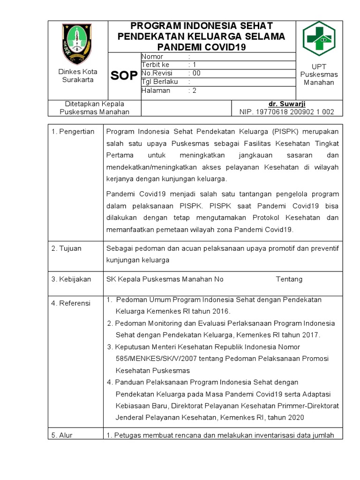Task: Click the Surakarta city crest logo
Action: (78, 44)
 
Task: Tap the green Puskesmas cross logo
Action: (319, 38)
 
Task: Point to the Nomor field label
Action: (153, 57)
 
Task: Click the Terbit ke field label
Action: (156, 65)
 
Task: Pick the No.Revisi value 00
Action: (196, 73)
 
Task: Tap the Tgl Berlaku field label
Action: (158, 82)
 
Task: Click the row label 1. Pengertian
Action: (73, 131)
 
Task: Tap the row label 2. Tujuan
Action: (67, 248)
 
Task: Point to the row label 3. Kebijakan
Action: (71, 279)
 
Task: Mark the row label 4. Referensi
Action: (71, 303)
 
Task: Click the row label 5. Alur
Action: (62, 435)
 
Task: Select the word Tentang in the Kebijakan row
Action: (289, 279)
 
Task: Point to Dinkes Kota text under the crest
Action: (78, 72)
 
